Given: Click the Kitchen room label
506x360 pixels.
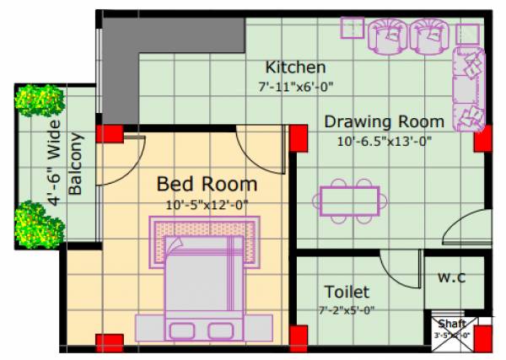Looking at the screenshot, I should click(295, 67).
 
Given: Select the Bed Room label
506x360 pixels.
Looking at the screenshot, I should click(207, 184).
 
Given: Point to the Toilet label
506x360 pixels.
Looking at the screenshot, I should click(347, 293).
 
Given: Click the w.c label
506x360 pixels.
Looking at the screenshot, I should click(449, 277).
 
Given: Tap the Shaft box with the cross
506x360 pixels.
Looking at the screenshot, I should click(452, 330).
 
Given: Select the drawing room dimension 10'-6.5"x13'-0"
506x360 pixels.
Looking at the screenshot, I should click(384, 141).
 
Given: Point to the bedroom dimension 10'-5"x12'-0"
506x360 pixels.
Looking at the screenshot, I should click(207, 203).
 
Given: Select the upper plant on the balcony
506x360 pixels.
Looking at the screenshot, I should click(37, 101).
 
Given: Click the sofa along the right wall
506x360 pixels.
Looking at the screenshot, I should click(469, 88).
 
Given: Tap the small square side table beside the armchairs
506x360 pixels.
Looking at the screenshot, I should click(351, 28).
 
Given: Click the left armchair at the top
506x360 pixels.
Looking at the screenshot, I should click(387, 35).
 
